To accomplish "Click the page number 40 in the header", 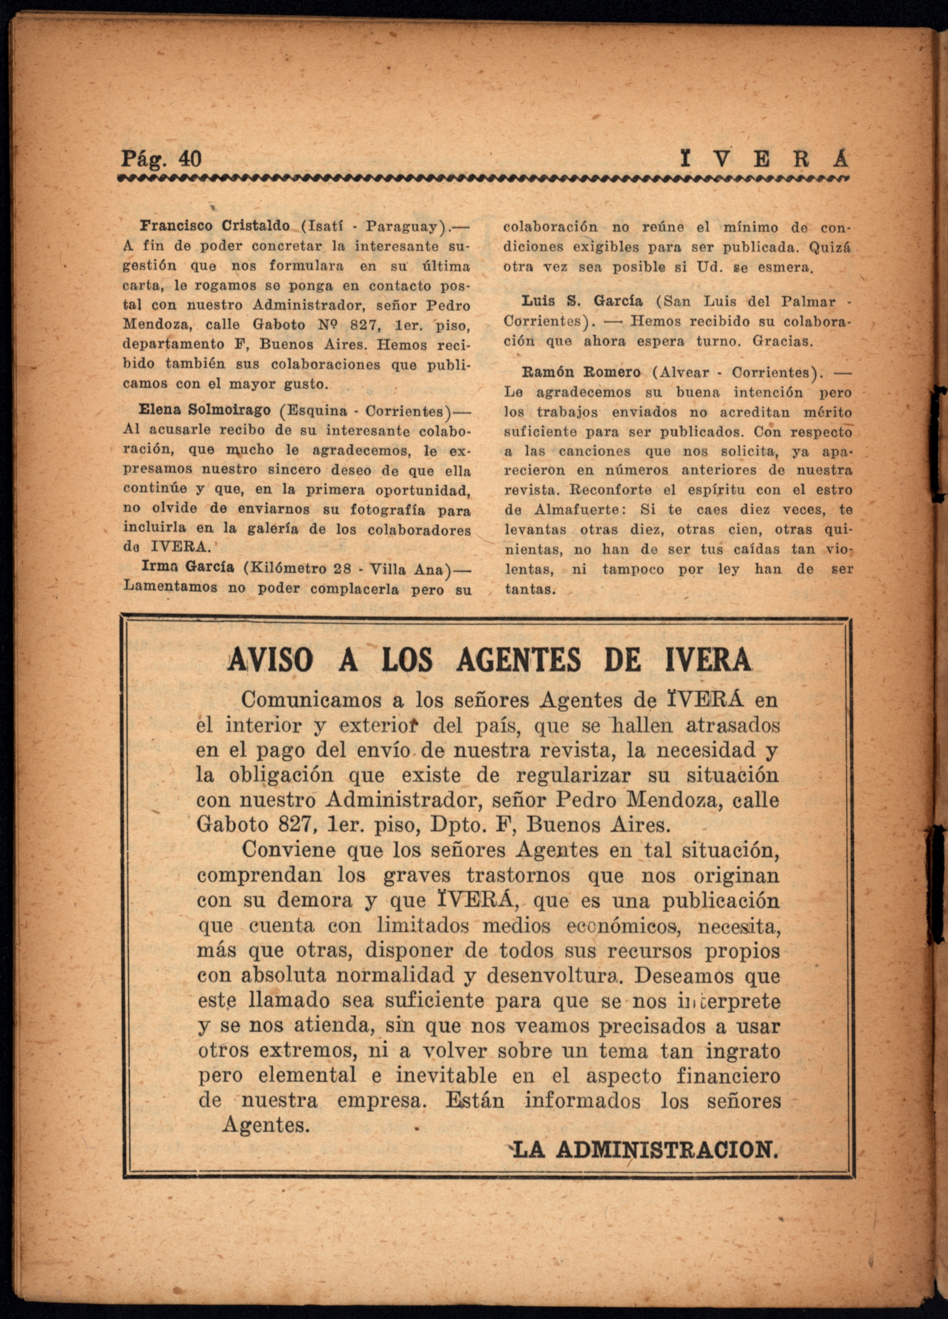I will point(187,158).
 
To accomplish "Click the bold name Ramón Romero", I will point(582,372).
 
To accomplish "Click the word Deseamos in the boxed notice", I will point(676,975).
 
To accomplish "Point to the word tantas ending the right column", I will point(528,589).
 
